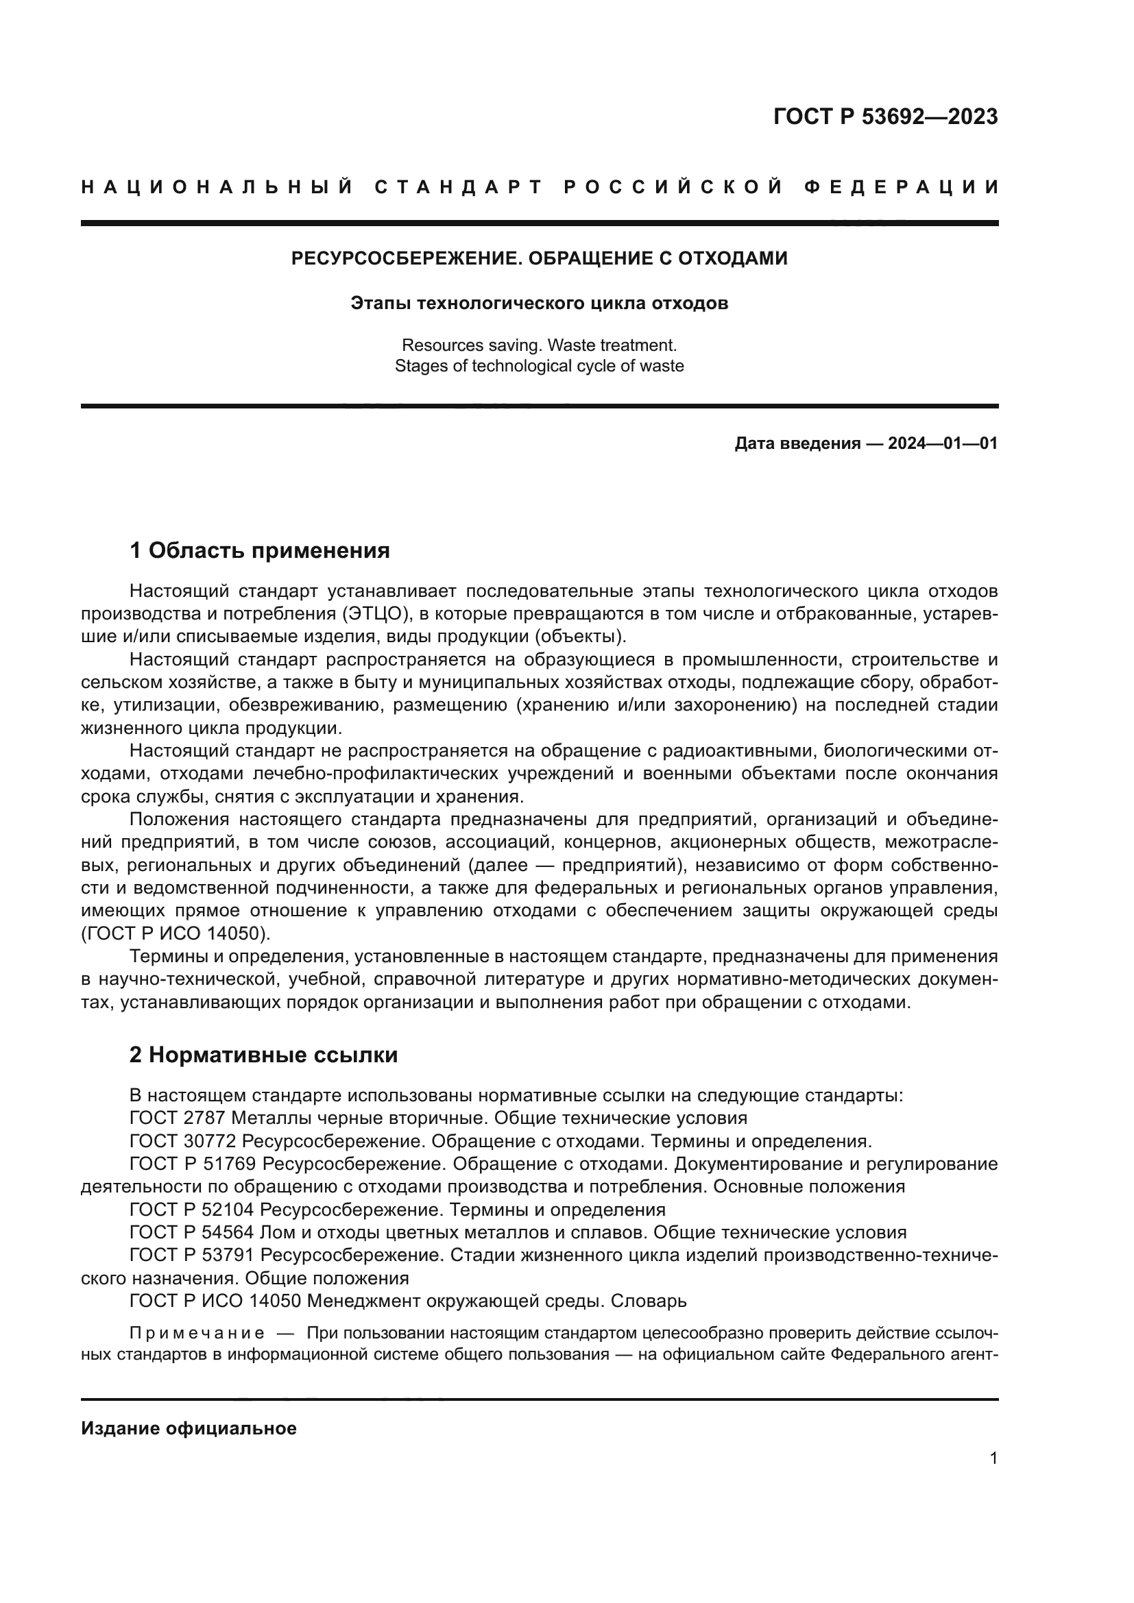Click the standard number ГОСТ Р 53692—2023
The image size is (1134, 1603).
click(x=885, y=117)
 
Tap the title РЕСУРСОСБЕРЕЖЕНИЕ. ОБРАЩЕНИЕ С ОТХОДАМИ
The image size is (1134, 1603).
click(x=539, y=258)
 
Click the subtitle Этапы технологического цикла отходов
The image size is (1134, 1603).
click(x=539, y=303)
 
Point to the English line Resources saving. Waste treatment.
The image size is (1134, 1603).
click(x=539, y=345)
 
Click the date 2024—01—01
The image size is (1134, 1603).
click(x=942, y=443)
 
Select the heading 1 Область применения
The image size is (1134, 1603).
click(x=260, y=551)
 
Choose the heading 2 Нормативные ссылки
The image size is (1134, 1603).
click(x=263, y=1055)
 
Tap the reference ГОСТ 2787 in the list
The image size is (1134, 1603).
click(x=178, y=1118)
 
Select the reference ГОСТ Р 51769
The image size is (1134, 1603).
click(x=193, y=1164)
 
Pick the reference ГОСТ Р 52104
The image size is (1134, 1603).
click(x=192, y=1209)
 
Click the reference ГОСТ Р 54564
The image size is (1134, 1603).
click(x=192, y=1232)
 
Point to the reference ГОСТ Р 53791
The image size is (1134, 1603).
click(x=192, y=1256)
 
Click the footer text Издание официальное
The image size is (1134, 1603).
click(x=189, y=1428)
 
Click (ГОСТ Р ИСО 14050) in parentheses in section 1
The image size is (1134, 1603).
click(x=176, y=933)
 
